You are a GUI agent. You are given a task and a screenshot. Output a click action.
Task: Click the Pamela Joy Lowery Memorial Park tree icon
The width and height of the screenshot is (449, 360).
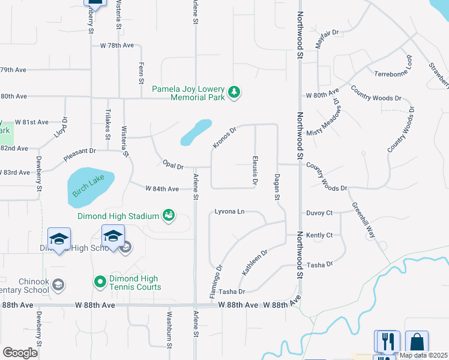234,92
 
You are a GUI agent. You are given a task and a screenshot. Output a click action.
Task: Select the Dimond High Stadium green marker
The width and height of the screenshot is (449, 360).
169,215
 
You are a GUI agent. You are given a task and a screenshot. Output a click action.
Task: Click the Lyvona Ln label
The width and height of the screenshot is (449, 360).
230,212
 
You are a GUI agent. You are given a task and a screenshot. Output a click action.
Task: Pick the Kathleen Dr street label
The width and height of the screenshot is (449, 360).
255,262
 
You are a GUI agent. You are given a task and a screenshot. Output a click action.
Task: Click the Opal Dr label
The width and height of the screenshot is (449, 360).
172,164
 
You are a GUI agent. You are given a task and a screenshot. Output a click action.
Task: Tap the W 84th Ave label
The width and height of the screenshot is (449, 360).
162,189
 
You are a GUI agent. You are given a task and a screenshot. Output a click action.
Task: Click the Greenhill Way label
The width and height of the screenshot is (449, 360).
364,220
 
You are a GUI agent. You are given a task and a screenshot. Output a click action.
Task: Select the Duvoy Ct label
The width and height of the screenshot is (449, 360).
319,212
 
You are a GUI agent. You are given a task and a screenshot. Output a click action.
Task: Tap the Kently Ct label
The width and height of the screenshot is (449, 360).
319,235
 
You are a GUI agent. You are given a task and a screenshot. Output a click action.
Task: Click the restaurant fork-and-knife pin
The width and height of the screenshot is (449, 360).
387,342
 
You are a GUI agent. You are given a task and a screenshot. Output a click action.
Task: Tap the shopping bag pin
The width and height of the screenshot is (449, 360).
417,342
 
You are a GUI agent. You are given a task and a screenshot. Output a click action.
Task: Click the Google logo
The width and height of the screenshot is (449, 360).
20,352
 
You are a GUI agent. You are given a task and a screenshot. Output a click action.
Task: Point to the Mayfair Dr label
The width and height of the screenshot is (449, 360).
327,40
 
